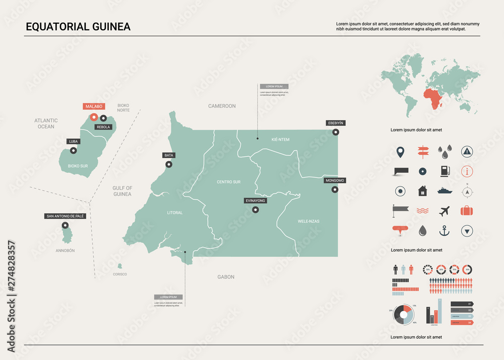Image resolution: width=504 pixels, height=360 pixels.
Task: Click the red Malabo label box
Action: (x=94, y=106)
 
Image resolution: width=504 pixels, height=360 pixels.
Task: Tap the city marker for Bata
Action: (x=169, y=164)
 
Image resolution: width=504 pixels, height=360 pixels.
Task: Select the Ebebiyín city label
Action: (x=336, y=123)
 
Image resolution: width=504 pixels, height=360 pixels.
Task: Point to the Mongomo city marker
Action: (x=335, y=190)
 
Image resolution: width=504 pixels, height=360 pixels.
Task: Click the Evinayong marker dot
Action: (x=256, y=210)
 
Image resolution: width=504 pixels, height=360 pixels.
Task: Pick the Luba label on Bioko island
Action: (x=74, y=142)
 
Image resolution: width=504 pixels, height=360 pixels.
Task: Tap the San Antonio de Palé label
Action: (x=65, y=216)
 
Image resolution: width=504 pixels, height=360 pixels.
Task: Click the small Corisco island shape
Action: (x=120, y=266)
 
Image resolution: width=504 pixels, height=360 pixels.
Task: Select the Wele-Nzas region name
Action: (x=308, y=221)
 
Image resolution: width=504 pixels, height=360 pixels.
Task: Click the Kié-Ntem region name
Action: (x=280, y=140)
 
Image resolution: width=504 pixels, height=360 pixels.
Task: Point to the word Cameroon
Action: (x=222, y=106)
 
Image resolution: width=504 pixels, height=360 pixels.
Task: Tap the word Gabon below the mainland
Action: (x=226, y=277)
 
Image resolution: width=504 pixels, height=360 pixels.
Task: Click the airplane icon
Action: (x=444, y=211)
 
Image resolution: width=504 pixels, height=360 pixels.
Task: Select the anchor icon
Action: (x=444, y=231)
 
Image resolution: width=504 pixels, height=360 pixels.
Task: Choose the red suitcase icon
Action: (x=467, y=211)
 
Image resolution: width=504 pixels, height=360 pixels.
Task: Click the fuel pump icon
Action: (x=444, y=171)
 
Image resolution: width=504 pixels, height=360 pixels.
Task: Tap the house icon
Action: (x=422, y=191)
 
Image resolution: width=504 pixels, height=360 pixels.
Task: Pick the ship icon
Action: (x=444, y=191)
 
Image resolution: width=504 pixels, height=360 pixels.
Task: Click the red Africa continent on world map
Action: (x=433, y=99)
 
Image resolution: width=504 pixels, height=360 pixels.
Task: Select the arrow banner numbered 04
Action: (x=462, y=322)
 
